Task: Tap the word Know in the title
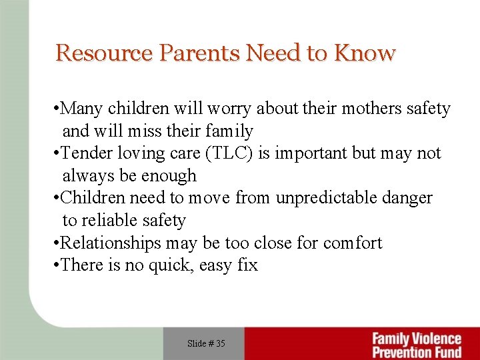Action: pos(365,53)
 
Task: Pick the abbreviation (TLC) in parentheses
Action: pos(231,153)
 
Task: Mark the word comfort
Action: pos(353,243)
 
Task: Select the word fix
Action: pos(247,265)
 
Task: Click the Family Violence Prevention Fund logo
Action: pos(416,345)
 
